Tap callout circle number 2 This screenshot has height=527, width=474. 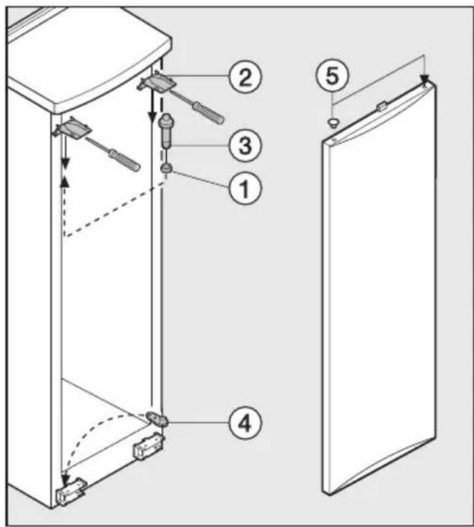(245, 77)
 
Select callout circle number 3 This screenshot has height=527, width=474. (245, 146)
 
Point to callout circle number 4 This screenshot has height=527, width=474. (245, 423)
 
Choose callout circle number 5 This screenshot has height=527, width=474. (332, 75)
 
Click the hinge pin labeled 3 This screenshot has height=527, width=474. (165, 130)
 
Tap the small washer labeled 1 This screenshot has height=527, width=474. (166, 167)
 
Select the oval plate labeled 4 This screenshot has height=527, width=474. (157, 418)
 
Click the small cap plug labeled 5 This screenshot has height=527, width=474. (333, 123)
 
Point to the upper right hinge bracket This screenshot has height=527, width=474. (155, 82)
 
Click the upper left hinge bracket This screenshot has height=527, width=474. (72, 127)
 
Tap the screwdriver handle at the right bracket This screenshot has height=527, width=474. (208, 112)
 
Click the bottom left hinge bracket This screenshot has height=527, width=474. (71, 490)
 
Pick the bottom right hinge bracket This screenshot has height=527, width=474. (147, 446)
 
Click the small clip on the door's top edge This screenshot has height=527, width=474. (381, 107)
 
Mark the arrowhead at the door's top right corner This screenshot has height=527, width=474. (425, 79)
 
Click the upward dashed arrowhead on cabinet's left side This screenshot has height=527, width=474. (64, 182)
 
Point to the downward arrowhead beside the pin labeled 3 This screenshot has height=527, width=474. (153, 117)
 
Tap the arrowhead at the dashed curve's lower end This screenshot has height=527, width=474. (65, 477)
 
